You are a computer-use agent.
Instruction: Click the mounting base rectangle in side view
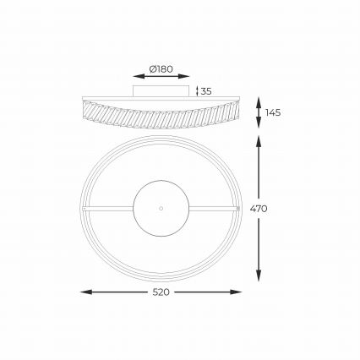click(160, 90)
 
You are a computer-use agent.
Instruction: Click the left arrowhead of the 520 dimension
click(82, 292)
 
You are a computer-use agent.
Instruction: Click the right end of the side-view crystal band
click(237, 110)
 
